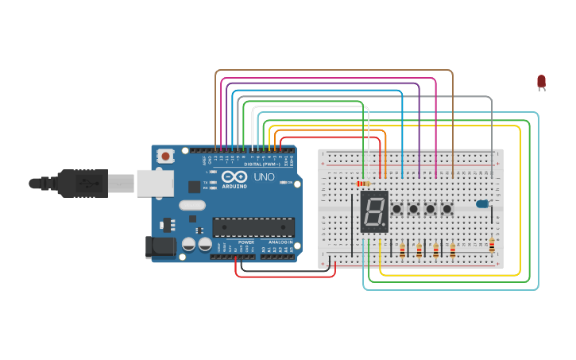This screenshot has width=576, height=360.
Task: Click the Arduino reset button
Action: coord(165,156)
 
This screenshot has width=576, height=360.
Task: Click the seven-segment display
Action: coord(374,211)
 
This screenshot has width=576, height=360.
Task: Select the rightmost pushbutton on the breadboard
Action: coord(447,209)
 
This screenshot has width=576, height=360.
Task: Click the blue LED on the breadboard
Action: coord(482,204)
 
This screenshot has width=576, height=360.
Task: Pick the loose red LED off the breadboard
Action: coord(541,81)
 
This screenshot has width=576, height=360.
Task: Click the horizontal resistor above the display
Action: coord(364,184)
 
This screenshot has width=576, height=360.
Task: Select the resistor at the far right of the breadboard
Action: coord(492,246)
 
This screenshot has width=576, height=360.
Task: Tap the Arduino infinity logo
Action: coord(235,176)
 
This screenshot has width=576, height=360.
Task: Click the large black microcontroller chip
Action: coord(253,227)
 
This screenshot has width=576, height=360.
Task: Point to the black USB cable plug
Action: coord(79,184)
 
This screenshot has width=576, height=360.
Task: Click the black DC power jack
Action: coord(160,246)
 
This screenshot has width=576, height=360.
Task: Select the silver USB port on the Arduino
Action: coord(154,184)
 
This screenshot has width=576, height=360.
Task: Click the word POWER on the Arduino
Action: coord(246,242)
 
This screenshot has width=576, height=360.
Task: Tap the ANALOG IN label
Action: coord(279,242)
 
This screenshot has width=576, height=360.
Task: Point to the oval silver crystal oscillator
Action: coord(192,205)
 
